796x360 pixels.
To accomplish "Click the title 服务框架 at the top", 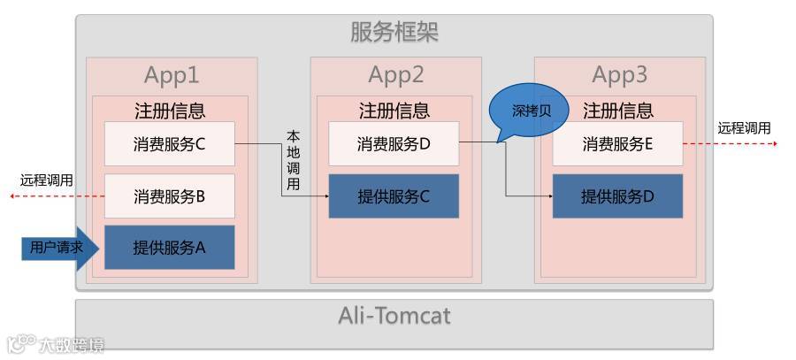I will (x=394, y=33).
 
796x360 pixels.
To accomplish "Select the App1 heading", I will (x=171, y=75).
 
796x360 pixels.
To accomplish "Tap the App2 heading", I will (x=395, y=75).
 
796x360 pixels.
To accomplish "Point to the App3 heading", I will (x=619, y=75).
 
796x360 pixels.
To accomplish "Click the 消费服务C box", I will (x=169, y=144).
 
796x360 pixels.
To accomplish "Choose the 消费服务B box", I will (x=169, y=196).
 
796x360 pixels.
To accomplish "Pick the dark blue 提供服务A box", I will (x=169, y=248).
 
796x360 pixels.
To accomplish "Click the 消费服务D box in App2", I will (x=394, y=144).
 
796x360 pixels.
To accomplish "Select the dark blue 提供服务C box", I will (x=394, y=196).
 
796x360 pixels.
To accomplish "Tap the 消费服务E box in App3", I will (x=617, y=144).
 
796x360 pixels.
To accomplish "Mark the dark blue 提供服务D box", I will (x=617, y=196).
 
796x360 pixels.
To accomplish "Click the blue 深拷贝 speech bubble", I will (x=531, y=111).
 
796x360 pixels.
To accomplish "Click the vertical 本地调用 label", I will (x=294, y=160).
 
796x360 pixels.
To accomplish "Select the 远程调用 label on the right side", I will (x=743, y=128).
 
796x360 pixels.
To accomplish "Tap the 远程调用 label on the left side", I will (x=46, y=180).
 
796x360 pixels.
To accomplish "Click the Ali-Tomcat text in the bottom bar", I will (x=394, y=316).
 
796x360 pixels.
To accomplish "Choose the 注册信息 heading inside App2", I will (x=394, y=111).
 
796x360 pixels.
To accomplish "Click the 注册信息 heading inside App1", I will (x=170, y=111).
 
